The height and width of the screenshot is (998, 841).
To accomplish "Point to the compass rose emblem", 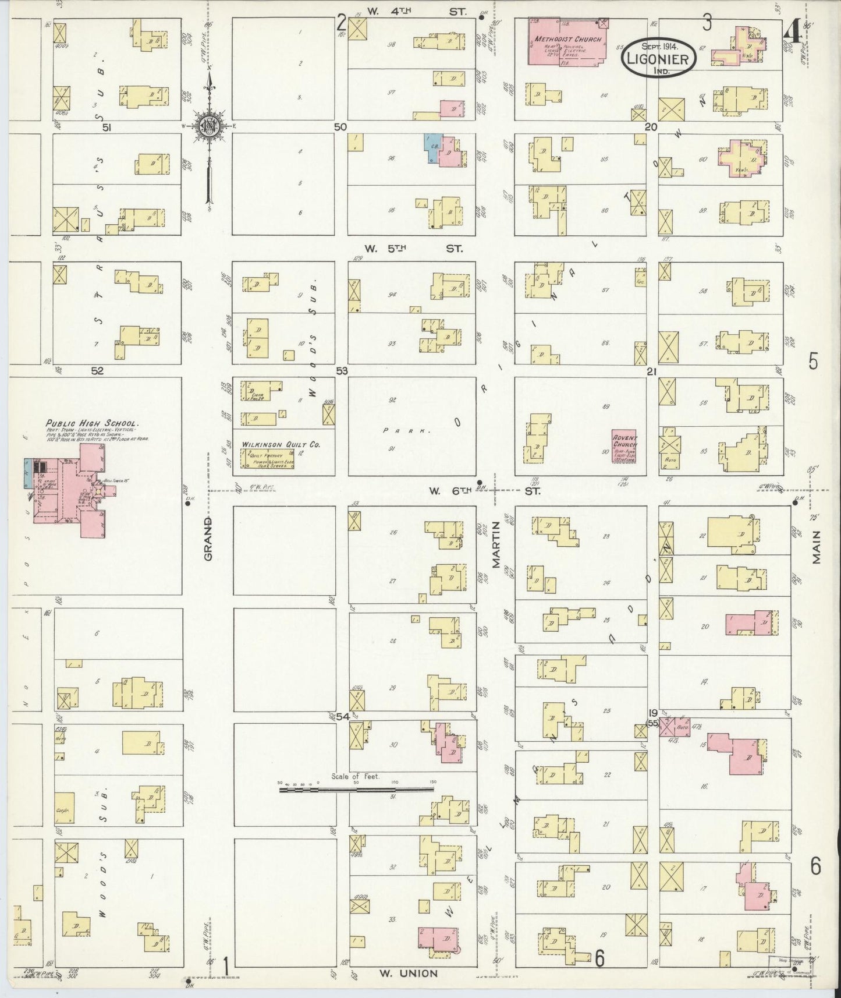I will point(207,126).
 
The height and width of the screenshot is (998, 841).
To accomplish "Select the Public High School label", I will point(93,424).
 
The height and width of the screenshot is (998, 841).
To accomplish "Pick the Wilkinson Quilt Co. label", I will point(281,444).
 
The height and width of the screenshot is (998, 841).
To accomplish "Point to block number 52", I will point(97,370).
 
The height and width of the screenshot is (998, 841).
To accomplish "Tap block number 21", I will point(651,371).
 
